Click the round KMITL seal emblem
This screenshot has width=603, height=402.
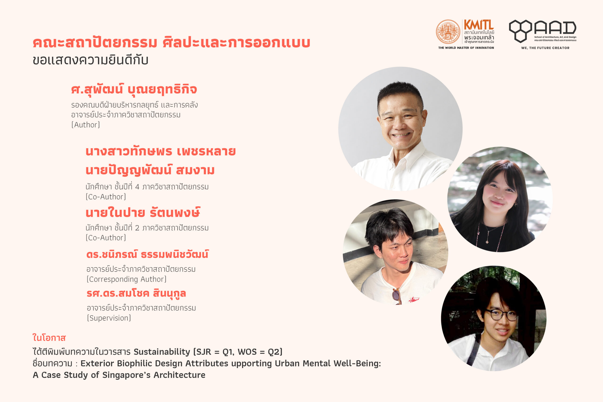(x=448, y=32)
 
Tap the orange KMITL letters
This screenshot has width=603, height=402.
(x=479, y=25)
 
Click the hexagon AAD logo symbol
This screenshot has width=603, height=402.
(x=520, y=31)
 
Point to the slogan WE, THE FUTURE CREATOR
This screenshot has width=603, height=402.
(x=545, y=48)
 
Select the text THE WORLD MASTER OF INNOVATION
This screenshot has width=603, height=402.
(x=466, y=48)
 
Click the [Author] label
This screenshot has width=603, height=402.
(x=86, y=125)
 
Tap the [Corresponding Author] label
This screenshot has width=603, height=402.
(x=126, y=279)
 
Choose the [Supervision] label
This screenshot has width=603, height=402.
(x=109, y=318)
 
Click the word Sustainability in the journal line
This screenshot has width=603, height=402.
(x=162, y=352)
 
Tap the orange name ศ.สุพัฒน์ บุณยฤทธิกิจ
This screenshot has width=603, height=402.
(x=134, y=90)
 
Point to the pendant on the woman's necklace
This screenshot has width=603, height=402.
(x=487, y=242)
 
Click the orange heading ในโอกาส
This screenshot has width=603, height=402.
(x=49, y=338)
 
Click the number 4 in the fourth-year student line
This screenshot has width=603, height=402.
(x=137, y=187)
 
